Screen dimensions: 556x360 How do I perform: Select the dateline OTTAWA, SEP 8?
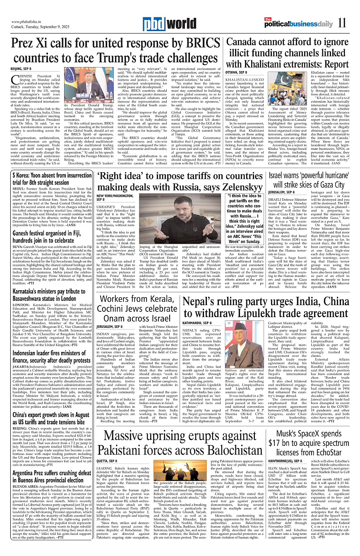pos(236,72)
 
